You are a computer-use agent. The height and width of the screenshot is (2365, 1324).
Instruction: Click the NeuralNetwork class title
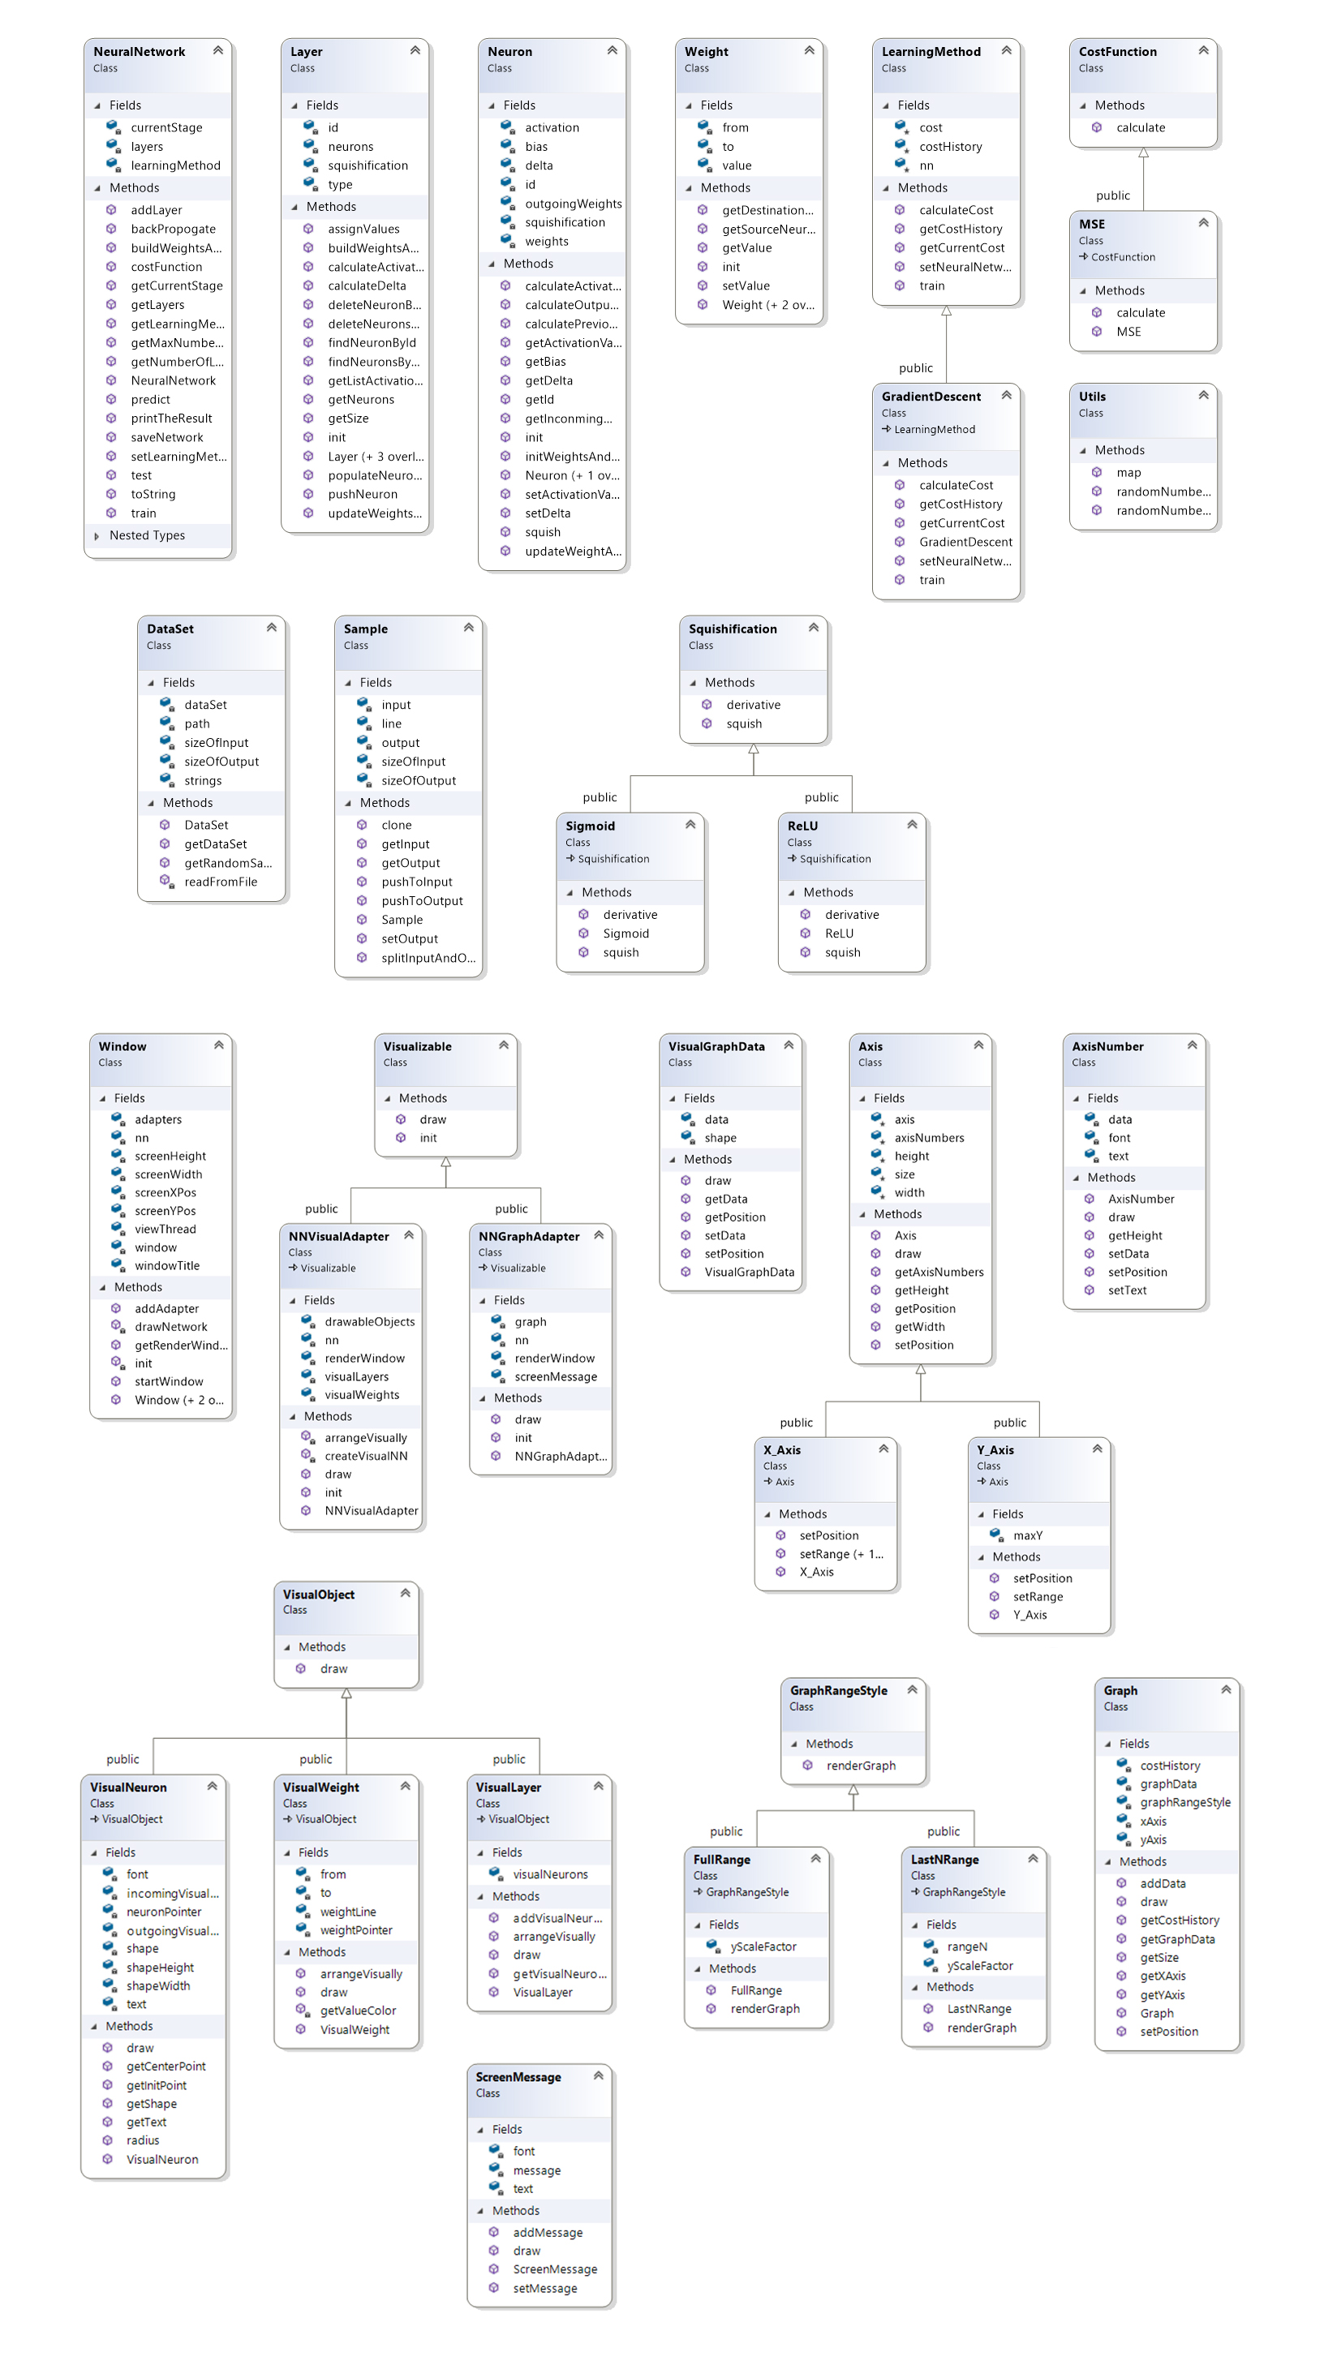pos(139,51)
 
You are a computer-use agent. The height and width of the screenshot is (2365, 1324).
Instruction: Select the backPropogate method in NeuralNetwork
pos(173,229)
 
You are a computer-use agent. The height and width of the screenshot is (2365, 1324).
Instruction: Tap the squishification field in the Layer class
pos(368,165)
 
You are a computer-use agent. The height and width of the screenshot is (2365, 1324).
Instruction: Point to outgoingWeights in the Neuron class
pos(573,204)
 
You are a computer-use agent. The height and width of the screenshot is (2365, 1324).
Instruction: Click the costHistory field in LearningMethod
pos(950,147)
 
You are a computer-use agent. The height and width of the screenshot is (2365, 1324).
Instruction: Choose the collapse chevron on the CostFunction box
pos(1203,50)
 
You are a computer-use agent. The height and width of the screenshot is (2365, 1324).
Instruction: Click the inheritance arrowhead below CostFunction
pos(1143,154)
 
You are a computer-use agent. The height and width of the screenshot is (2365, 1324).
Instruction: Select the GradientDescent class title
pos(931,397)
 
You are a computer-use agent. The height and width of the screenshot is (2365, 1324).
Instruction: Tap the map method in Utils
pos(1128,473)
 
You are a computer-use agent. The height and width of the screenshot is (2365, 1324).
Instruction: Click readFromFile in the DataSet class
pos(221,882)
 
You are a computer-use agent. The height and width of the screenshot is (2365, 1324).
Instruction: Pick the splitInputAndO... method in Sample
pos(428,959)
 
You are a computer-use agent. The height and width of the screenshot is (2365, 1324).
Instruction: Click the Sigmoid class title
pos(590,826)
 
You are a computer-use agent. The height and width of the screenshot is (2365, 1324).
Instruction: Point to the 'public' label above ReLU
pos(821,798)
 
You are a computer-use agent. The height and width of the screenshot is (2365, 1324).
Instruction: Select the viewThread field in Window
pos(165,1230)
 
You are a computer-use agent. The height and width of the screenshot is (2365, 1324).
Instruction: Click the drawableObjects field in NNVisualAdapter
pos(369,1322)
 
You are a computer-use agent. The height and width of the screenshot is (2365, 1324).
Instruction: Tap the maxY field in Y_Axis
pos(1027,1536)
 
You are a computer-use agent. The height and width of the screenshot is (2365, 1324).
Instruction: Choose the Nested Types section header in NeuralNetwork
pos(147,536)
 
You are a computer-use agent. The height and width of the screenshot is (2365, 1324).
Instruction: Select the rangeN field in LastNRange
pos(967,1947)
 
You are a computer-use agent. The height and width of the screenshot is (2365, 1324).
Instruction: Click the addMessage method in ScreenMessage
pos(548,2233)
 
